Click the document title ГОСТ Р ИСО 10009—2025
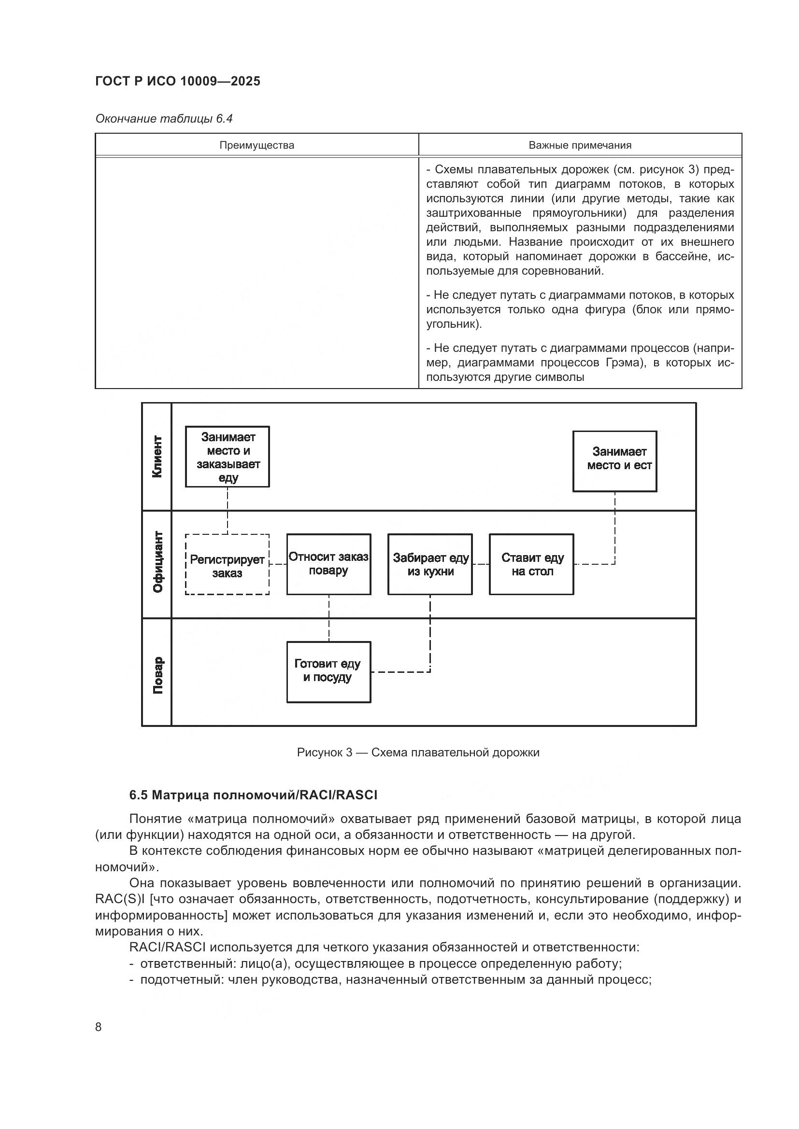click(178, 81)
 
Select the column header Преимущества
click(257, 145)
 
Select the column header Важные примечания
click(580, 145)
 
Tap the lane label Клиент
click(157, 456)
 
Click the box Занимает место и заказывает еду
click(228, 457)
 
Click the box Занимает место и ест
click(614, 461)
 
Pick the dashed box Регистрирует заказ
click(228, 565)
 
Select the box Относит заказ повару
click(328, 565)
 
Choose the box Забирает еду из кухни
click(430, 565)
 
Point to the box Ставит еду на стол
click(531, 565)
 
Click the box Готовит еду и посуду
click(328, 672)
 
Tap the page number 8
click(99, 1027)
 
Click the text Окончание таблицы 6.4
click(164, 119)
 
